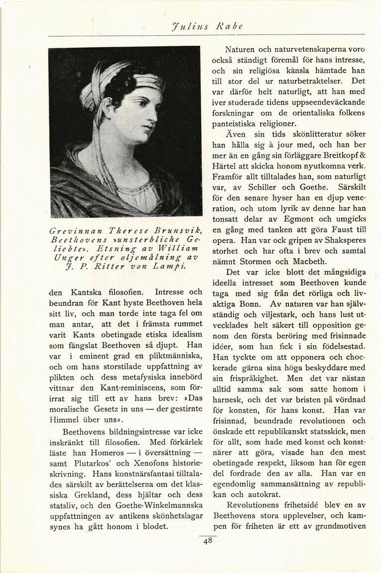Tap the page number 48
point(208,542)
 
